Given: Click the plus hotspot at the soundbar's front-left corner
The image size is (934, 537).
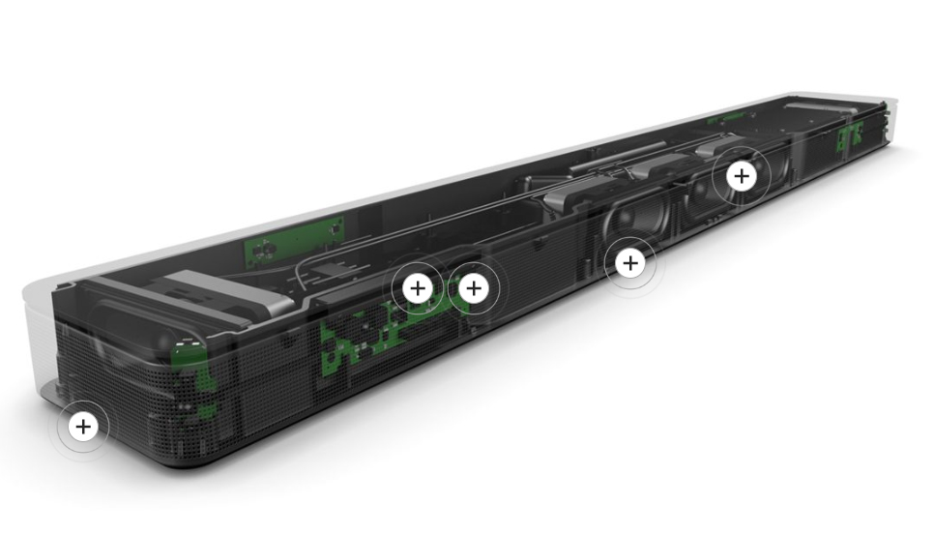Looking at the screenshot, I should [83, 426].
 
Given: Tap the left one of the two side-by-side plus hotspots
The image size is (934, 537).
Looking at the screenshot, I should [417, 287].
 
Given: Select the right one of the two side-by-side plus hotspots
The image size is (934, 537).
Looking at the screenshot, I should [473, 287].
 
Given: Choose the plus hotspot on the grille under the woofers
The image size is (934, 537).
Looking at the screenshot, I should [630, 262].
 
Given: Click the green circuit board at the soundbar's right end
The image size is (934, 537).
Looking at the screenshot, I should [849, 136].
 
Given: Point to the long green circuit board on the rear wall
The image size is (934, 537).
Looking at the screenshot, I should [294, 239].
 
